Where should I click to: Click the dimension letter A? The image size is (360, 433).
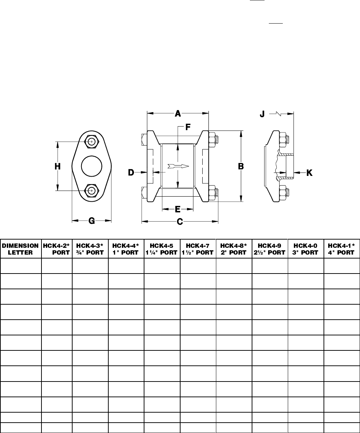178,114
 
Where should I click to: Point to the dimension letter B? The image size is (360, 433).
241,166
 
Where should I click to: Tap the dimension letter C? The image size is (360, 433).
180,222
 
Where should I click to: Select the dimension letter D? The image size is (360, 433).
131,173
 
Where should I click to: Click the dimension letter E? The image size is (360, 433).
178,209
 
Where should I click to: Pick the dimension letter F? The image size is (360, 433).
188,127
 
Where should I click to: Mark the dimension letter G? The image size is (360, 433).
92,221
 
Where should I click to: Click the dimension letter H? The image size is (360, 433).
58,166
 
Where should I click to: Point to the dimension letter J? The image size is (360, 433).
262,114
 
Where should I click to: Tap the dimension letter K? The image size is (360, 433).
309,173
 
